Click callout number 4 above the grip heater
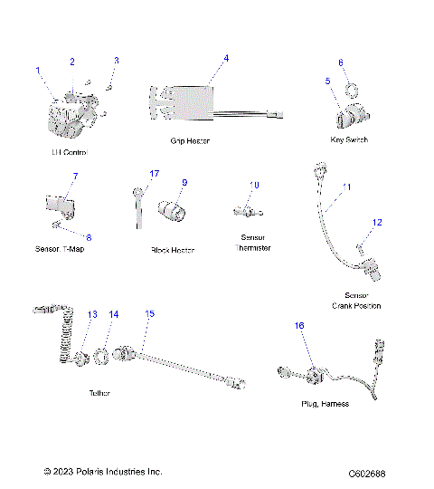226,58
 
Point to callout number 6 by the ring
341,62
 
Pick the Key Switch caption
350,140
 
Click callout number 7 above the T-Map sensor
76,175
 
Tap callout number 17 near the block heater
155,173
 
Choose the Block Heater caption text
173,250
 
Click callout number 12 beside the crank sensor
378,222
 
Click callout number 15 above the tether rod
150,313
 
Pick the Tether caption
100,393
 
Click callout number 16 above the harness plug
299,324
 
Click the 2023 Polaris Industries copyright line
103,472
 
